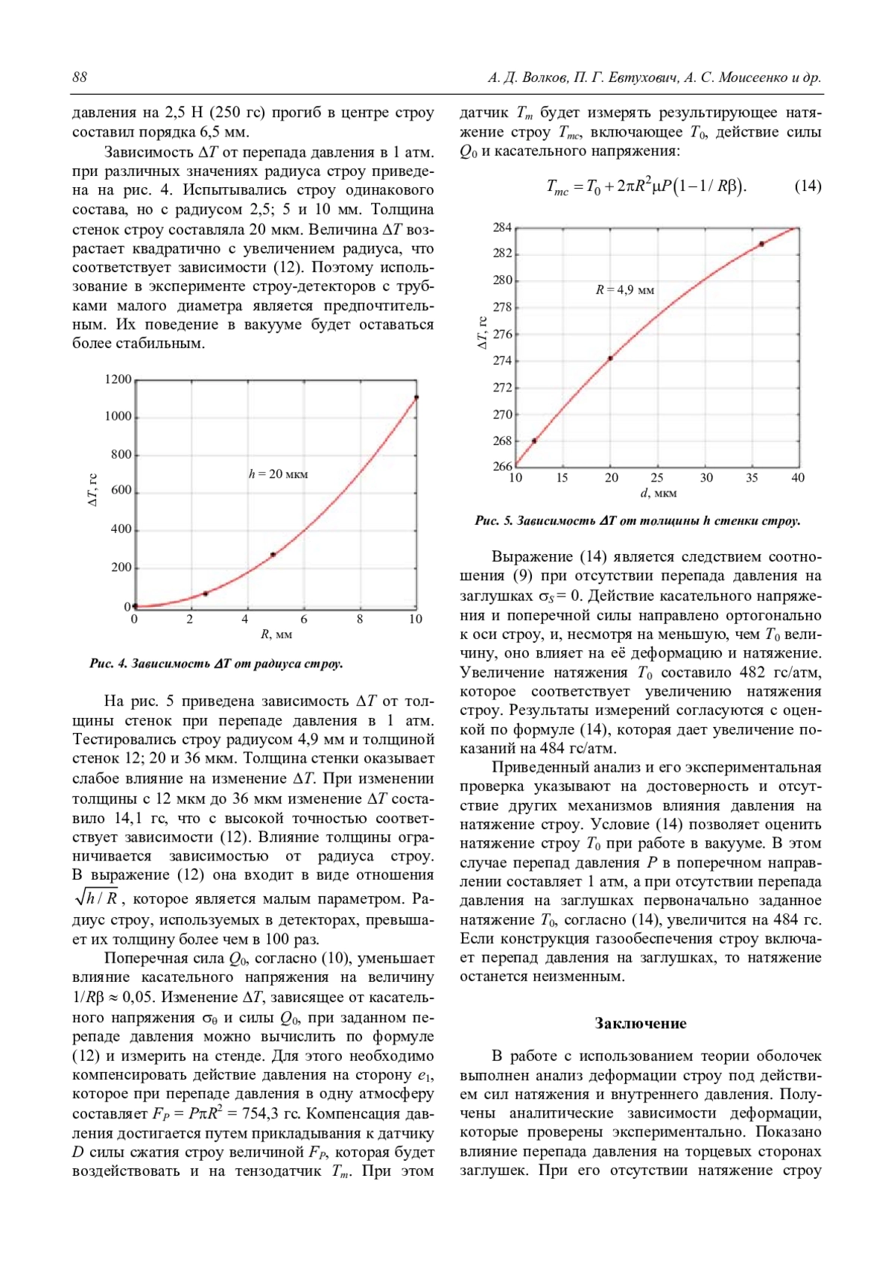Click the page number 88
pos(80,78)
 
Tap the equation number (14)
pos(808,186)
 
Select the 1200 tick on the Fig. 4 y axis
pos(118,380)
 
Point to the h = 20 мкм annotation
pos(278,474)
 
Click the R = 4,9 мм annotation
pos(624,290)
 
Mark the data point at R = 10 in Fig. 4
pos(416,397)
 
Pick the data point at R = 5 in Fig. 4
pos(273,555)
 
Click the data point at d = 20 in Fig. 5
pos(611,359)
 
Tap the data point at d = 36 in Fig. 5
pos(761,244)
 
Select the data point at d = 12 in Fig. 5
pos(534,441)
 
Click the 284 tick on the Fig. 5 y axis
pos(502,227)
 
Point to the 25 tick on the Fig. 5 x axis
pos(657,478)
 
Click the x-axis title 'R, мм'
pos(276,635)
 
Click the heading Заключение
pos(640,1023)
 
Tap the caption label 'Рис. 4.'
pos(108,664)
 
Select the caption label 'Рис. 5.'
pos(493,521)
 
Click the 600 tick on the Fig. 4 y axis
pos(121,491)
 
